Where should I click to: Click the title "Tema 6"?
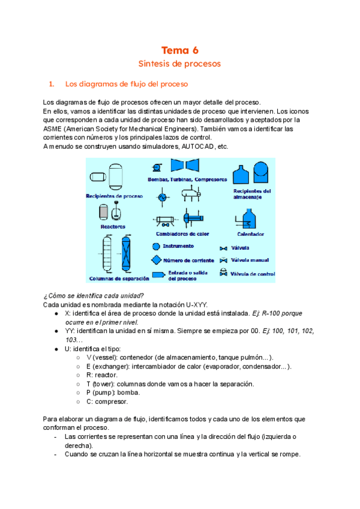pyautogui.click(x=179, y=50)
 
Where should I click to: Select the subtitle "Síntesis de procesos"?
pyautogui.click(x=179, y=63)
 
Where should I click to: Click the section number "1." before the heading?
pyautogui.click(x=52, y=83)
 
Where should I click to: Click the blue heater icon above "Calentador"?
pyautogui.click(x=250, y=220)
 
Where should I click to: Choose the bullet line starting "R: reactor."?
pyautogui.click(x=101, y=374)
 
